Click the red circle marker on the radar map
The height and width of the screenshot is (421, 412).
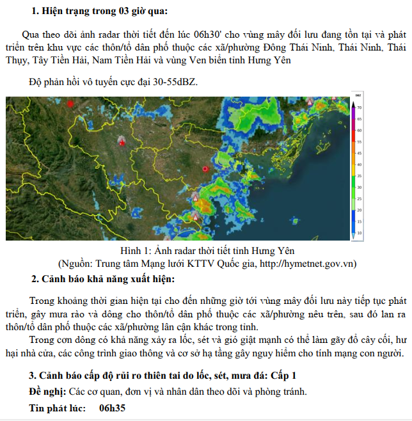[205, 168]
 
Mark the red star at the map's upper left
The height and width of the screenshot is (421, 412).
[70, 104]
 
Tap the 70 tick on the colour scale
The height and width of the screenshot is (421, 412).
[360, 107]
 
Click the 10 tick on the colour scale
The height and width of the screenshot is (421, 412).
[360, 233]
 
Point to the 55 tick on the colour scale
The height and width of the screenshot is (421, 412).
[360, 141]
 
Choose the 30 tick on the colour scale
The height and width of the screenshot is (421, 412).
[360, 187]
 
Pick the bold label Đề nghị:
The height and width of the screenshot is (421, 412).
[48, 392]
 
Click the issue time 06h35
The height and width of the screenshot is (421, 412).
[112, 407]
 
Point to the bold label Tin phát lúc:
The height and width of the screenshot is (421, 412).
[56, 407]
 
